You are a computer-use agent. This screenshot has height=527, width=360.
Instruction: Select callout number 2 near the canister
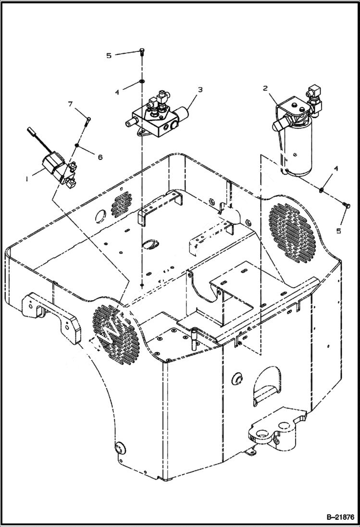point(265,88)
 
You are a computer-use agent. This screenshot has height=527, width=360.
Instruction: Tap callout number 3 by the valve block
point(200,89)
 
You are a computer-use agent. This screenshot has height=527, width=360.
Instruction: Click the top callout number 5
point(109,56)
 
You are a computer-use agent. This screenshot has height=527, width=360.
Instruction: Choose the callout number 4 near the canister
point(336,169)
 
